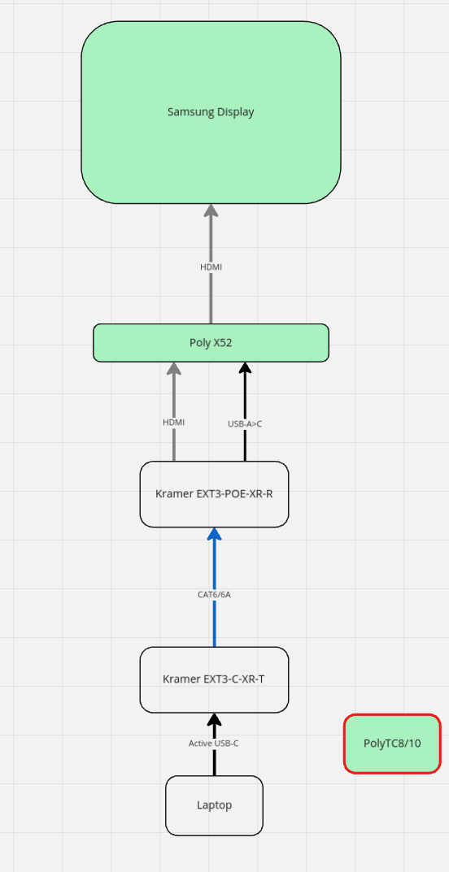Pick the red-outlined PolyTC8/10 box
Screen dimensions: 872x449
[392, 744]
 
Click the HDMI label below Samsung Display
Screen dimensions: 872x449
[211, 267]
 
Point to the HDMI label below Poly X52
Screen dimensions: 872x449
[174, 422]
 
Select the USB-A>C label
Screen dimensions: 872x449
[245, 423]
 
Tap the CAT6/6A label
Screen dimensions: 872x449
[215, 594]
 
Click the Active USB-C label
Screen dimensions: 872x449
[213, 744]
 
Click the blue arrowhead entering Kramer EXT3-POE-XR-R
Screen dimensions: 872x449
[215, 534]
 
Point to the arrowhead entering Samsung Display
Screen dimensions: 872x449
[211, 210]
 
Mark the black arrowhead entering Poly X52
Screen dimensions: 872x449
[245, 368]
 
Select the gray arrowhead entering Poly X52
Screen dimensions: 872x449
[174, 368]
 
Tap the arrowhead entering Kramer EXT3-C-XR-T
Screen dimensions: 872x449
[215, 719]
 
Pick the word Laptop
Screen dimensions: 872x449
[214, 805]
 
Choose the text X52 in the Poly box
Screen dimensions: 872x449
[222, 343]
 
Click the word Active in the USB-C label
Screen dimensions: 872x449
[200, 744]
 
